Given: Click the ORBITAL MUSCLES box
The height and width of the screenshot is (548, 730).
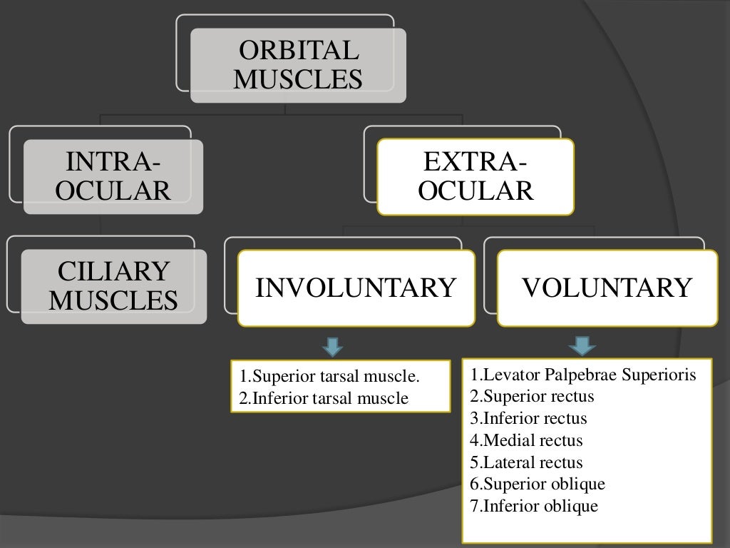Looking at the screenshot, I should (x=298, y=65).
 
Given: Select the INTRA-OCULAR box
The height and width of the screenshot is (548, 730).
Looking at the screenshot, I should (x=113, y=176).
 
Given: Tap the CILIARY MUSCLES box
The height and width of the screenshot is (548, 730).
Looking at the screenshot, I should (x=113, y=286).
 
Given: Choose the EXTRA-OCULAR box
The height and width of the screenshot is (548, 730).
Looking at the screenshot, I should (x=475, y=176).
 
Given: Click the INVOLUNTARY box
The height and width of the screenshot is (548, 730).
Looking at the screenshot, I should (x=356, y=288).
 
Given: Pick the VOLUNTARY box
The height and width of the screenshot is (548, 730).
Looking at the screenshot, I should (x=607, y=288).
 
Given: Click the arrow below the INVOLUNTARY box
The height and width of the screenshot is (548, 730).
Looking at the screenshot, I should (x=332, y=347).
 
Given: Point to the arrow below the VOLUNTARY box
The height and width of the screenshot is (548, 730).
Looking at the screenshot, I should (x=582, y=346).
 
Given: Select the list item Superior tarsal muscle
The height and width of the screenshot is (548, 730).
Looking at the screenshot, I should (x=330, y=376).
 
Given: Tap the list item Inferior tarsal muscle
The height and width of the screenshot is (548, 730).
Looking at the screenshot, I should (x=324, y=398).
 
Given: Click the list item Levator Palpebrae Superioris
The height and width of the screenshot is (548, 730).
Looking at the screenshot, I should (x=582, y=375).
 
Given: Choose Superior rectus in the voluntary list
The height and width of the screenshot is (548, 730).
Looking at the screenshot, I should (x=532, y=396).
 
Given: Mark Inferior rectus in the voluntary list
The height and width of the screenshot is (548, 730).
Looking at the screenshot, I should (x=528, y=418).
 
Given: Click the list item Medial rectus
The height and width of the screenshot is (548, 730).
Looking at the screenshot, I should (x=526, y=440).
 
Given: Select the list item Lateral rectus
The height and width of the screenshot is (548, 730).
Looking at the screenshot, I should (x=526, y=462).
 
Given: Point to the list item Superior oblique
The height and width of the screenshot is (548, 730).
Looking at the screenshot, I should (x=538, y=484).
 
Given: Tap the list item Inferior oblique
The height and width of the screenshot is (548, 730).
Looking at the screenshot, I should (x=534, y=507).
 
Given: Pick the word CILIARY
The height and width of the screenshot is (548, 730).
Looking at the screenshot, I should (x=113, y=272).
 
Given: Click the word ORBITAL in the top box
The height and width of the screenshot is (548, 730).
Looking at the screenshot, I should (x=298, y=51).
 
